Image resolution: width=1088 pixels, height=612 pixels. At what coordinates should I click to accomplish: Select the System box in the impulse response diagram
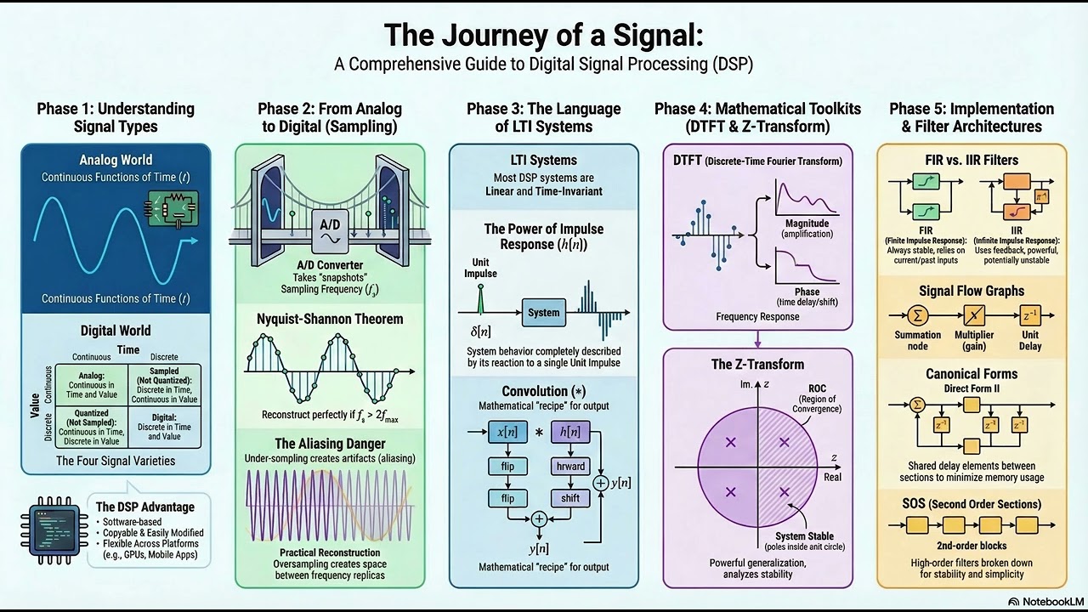click(x=543, y=313)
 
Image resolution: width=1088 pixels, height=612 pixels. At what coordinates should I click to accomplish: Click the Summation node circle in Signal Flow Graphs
click(x=917, y=315)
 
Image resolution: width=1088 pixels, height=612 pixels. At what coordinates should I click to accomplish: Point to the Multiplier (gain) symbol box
click(x=974, y=315)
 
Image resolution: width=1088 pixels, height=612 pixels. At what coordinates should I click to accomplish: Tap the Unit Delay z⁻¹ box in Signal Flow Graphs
click(x=1029, y=315)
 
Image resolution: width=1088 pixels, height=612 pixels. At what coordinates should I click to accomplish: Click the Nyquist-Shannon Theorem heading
click(x=330, y=320)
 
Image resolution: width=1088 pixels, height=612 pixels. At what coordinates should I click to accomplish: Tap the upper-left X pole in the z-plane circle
click(x=730, y=442)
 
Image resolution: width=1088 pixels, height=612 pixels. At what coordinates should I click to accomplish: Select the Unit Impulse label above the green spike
click(x=480, y=268)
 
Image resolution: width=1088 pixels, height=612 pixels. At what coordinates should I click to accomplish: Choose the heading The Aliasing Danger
click(x=330, y=444)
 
